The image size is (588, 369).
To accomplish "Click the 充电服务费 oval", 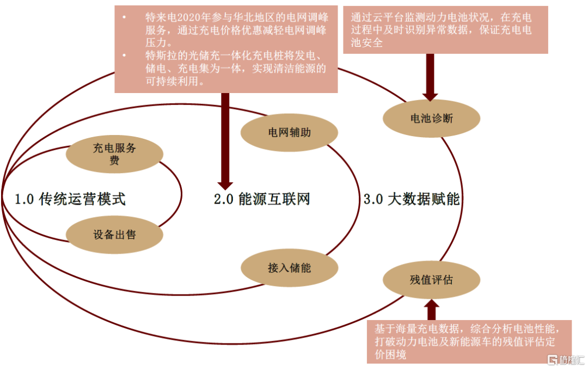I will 114,155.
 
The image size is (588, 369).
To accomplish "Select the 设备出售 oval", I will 114,235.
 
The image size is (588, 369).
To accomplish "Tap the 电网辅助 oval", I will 289,132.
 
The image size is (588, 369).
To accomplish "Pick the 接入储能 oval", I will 289,267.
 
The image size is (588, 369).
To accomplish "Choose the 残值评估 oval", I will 431,280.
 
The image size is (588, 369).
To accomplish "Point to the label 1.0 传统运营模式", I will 70,199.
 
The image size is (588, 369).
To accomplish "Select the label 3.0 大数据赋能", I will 412,199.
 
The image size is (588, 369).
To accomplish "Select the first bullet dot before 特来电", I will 125,18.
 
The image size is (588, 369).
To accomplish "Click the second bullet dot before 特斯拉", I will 125,56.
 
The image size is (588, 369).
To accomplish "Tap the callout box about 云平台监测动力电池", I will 445,30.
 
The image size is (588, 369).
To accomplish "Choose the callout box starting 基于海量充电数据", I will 469,342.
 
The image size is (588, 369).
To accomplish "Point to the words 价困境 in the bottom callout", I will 390,355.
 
